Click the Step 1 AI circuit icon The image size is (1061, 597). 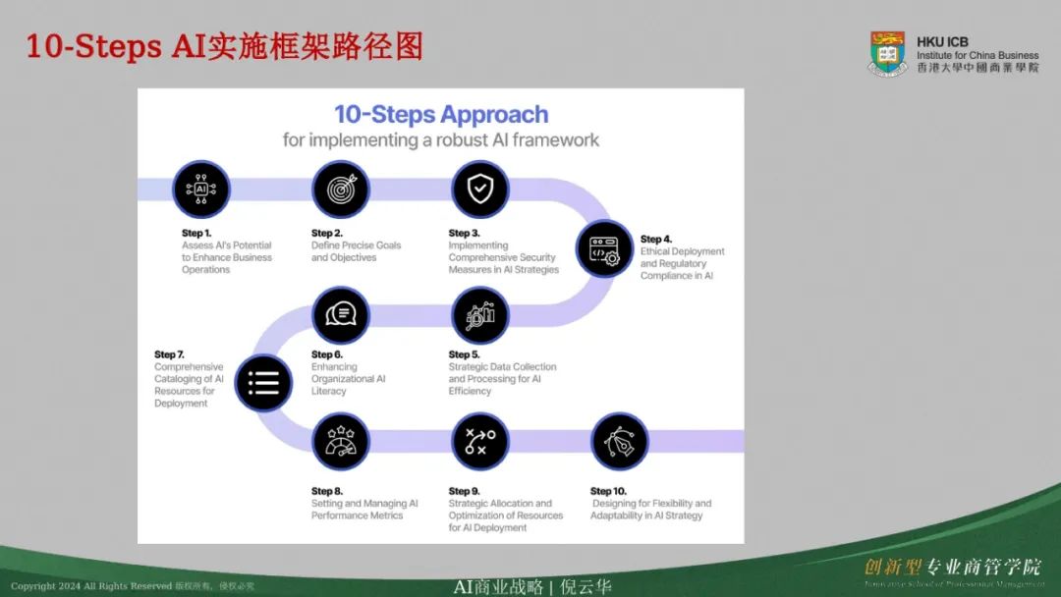201,189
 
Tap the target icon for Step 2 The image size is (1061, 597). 341,189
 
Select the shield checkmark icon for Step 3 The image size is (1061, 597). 479,189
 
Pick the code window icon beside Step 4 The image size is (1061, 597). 604,248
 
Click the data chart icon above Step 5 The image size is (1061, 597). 479,315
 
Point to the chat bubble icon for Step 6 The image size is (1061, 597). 341,315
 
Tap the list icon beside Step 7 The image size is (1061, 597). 263,382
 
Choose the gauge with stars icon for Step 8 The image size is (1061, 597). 341,441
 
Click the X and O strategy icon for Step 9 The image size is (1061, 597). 479,441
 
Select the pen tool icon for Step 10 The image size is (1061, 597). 619,441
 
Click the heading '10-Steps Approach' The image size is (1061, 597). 441,114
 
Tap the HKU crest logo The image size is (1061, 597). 887,53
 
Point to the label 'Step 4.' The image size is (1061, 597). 656,239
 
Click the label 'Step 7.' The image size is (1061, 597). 169,354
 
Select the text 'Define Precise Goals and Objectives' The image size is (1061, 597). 356,251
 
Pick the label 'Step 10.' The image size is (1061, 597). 608,491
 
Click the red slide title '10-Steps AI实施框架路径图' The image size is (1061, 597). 224,45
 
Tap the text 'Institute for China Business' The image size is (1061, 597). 977,55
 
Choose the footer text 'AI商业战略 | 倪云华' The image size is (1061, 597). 531,586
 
